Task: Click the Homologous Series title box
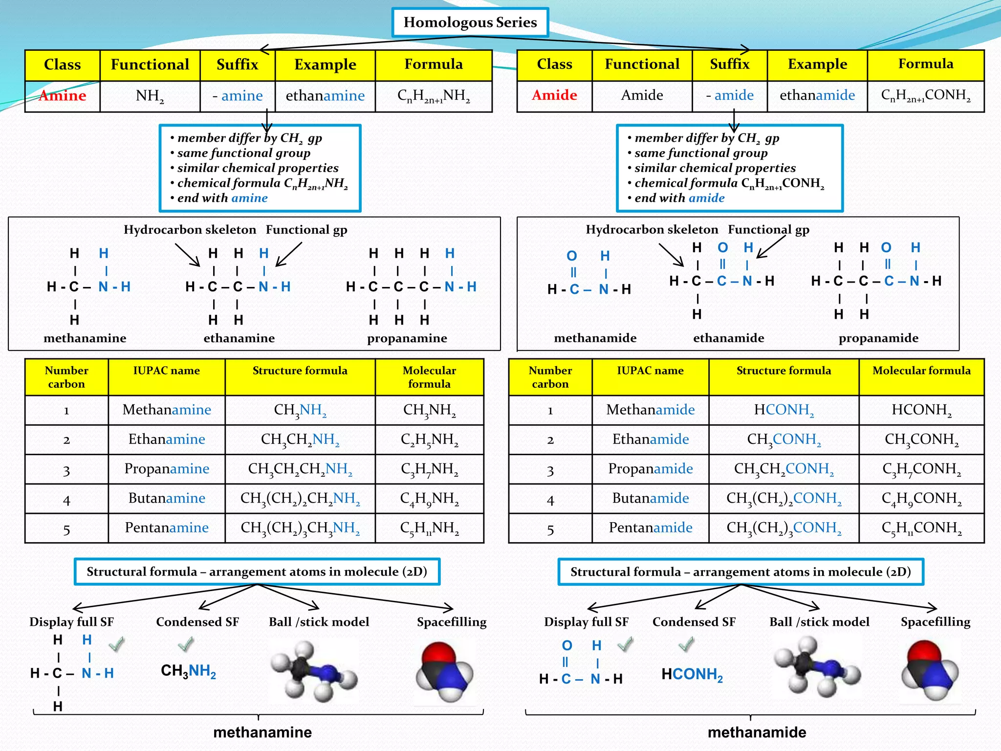point(470,22)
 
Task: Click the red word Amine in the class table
point(63,95)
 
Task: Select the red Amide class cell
point(554,95)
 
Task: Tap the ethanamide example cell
point(817,95)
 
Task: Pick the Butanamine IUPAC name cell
point(167,498)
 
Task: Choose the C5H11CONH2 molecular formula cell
point(921,528)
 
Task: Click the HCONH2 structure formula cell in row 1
point(783,410)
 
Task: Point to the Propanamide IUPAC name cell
point(650,468)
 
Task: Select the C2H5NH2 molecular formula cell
point(429,440)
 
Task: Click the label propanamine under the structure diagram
point(407,338)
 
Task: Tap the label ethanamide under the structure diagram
point(728,338)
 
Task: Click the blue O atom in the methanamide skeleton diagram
point(571,256)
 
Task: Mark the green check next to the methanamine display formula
point(116,644)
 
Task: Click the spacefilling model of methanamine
point(444,672)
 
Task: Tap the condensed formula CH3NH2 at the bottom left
point(188,671)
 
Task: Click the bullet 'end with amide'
point(679,198)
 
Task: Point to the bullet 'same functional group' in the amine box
point(243,153)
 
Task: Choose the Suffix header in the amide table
point(729,64)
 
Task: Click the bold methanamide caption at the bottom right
point(757,732)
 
